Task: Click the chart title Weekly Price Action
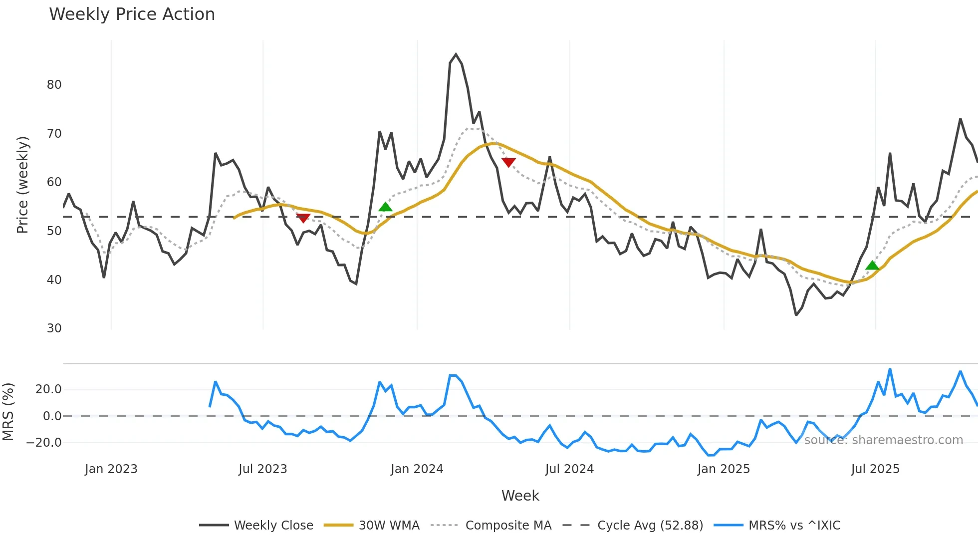132,14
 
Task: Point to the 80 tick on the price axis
54,84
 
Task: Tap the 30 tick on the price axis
54,328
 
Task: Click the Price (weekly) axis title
22,185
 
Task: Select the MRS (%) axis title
8,412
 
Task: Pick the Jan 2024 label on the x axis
417,469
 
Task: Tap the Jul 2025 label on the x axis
875,469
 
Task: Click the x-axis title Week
520,495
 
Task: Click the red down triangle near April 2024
508,162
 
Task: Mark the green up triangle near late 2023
385,207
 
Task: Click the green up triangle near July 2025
872,265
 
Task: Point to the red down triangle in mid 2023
303,218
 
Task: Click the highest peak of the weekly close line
456,54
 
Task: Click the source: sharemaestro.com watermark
883,440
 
